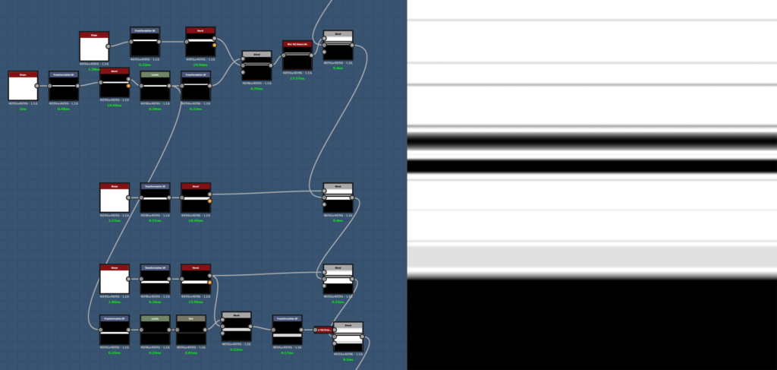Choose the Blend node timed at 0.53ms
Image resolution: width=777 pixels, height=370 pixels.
pos(338,280)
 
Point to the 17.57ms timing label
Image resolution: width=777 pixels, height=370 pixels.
pos(297,78)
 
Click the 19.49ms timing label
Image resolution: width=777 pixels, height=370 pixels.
pos(114,106)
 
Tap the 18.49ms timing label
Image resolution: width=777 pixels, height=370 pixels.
pos(196,220)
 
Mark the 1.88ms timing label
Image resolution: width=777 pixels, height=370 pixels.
pos(115,302)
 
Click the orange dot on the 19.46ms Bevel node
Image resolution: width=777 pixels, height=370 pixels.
pos(215,46)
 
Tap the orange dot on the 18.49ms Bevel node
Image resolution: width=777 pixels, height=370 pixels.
pos(209,201)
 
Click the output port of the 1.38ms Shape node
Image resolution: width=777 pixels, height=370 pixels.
pos(108,46)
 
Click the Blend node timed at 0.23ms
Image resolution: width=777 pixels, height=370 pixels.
pos(236,327)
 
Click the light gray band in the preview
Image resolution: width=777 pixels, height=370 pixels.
pos(592,258)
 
